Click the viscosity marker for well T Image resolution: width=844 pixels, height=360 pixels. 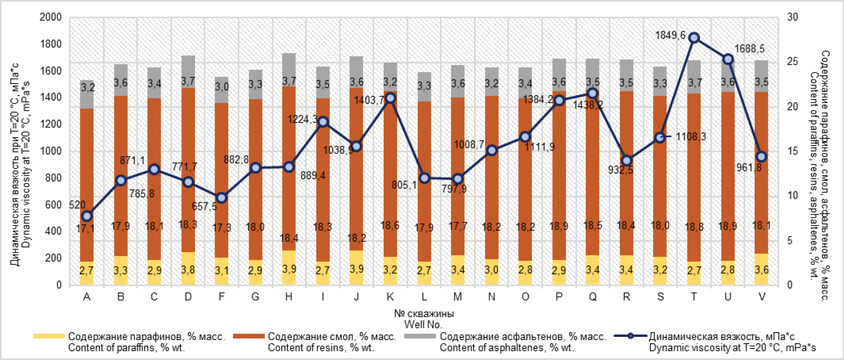[694, 38]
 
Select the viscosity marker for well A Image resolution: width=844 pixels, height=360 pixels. [87, 216]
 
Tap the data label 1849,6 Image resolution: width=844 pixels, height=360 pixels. [670, 35]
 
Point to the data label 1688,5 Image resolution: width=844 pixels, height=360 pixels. [749, 48]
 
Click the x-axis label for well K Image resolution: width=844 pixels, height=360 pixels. [390, 297]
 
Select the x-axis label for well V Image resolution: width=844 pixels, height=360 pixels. [761, 297]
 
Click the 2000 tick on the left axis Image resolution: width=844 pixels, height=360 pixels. [51, 17]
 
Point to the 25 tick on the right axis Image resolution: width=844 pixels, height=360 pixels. [792, 61]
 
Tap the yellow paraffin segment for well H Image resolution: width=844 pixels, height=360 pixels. [289, 268]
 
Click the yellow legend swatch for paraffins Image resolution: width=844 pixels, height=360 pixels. [49, 336]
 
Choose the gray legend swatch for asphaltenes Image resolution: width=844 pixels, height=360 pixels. [420, 336]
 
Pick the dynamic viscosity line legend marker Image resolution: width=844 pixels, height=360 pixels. [630, 336]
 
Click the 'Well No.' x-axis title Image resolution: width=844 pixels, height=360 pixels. [424, 324]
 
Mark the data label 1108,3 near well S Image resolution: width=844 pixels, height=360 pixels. [691, 137]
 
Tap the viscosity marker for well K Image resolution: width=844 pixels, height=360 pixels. [390, 98]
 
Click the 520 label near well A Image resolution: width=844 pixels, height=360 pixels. [77, 205]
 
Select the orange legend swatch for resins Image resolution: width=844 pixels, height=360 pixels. [249, 336]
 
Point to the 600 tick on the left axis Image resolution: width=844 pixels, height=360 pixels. [54, 204]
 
